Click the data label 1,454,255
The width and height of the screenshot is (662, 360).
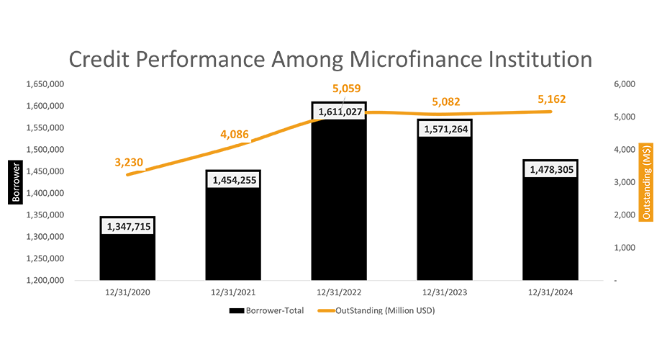click(x=233, y=181)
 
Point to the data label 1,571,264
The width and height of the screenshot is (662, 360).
click(x=445, y=130)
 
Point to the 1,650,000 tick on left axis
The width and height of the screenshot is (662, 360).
click(x=45, y=84)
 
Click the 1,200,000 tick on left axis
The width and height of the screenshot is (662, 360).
click(x=45, y=280)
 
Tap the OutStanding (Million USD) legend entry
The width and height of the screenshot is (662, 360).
click(x=381, y=311)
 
